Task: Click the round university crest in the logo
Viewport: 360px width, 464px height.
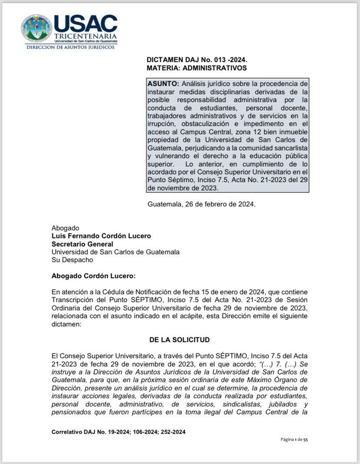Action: pos(36,28)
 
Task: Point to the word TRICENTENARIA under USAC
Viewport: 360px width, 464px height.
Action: pos(85,36)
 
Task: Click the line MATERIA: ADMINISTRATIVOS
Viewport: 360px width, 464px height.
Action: pos(197,68)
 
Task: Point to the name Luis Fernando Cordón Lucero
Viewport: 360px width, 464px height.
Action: pos(101,236)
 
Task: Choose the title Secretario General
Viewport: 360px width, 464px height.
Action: pos(82,244)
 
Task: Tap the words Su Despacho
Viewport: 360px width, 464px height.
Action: pos(72,260)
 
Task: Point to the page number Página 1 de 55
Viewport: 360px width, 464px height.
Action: pos(294,440)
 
